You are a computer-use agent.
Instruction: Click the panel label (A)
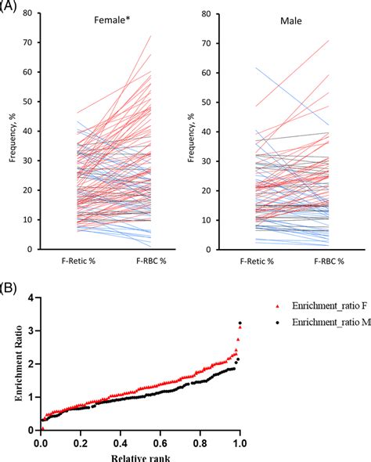tap(10, 7)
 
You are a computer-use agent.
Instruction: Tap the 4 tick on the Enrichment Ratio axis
tap(30, 298)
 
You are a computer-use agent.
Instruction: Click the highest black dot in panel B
tap(240, 323)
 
